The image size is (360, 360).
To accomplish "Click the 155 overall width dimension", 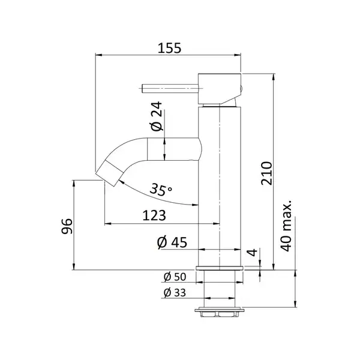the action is (169, 48).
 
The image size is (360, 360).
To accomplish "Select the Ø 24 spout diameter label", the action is (157, 116).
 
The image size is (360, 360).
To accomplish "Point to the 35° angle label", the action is (161, 190).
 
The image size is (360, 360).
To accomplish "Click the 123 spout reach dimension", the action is (154, 215).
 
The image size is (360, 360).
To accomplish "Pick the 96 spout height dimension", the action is (67, 226).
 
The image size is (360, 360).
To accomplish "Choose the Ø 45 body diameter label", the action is (172, 242).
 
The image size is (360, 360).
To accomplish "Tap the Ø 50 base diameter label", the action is (175, 277).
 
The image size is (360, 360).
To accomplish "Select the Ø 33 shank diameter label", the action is (175, 293).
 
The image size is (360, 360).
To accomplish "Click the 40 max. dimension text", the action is (286, 226).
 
